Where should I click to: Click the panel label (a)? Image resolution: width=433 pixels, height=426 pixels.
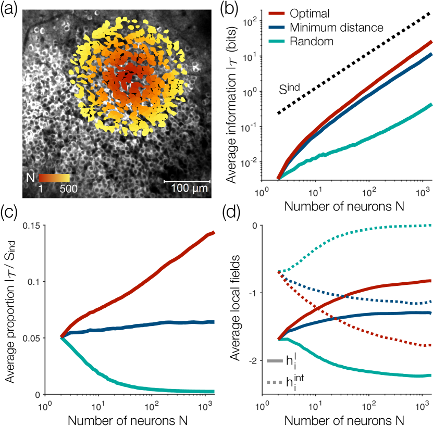pos(10,9)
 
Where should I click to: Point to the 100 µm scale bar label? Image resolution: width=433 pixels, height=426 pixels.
pos(188,188)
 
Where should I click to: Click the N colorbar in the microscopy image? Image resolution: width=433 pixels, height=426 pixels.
pos(55,178)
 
